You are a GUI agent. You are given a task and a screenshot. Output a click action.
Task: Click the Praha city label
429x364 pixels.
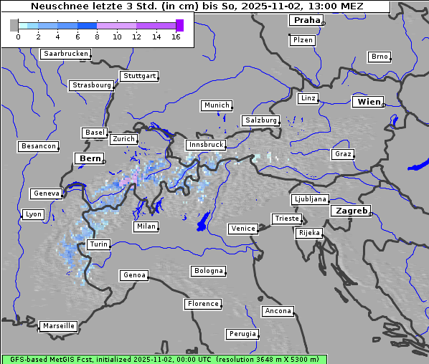(305, 21)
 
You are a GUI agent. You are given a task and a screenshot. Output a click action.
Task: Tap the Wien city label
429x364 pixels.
(368, 102)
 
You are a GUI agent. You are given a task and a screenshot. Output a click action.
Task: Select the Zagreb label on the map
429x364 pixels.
(350, 211)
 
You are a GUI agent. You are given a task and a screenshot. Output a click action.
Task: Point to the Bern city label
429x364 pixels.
(90, 158)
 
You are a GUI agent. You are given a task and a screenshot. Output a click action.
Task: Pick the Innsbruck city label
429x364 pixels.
(204, 145)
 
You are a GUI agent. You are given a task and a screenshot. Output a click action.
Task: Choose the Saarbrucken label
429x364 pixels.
(65, 54)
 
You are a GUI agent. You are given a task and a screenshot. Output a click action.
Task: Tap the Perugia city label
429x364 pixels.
(242, 334)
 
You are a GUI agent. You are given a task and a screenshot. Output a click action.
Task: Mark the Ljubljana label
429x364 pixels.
(310, 199)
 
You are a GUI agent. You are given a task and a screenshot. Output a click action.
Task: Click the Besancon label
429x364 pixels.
(38, 146)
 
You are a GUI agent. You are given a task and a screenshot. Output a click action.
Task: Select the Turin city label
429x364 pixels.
(98, 244)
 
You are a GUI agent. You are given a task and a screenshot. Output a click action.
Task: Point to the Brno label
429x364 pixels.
(379, 57)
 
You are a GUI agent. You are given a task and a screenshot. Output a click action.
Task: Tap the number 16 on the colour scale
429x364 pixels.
(176, 37)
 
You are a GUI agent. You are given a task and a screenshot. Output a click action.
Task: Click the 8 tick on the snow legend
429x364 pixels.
(97, 37)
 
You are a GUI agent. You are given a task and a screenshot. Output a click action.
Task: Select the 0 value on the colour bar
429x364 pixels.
(18, 37)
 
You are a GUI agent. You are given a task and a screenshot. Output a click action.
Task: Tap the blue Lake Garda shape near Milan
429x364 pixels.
(203, 221)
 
